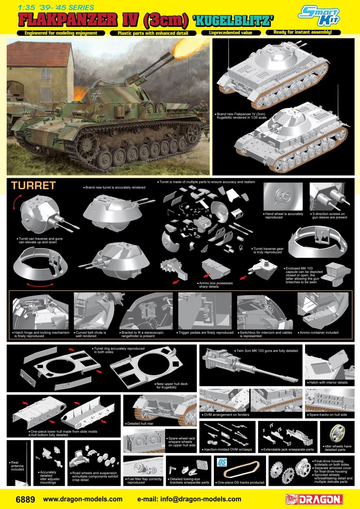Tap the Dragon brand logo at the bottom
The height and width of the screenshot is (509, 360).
pos(314,499)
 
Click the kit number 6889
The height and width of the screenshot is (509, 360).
pos(25,499)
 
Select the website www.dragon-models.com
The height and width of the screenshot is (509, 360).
pos(82,499)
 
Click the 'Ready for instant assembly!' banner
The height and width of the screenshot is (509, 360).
pos(303,32)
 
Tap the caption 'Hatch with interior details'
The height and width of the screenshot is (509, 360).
pos(329,382)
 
